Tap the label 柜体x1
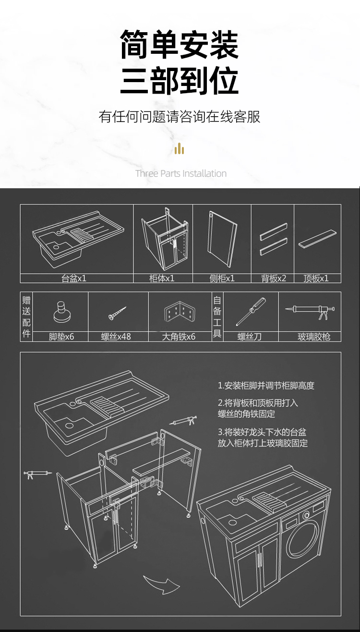[162, 278]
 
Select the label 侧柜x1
[222, 278]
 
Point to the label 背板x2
[274, 278]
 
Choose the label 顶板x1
[316, 278]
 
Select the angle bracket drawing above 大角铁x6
[180, 313]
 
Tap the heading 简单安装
[180, 44]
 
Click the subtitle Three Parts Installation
[181, 173]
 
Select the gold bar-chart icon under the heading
[180, 149]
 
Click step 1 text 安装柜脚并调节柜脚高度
[266, 386]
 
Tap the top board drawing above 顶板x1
[317, 240]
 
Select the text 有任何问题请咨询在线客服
[180, 117]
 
